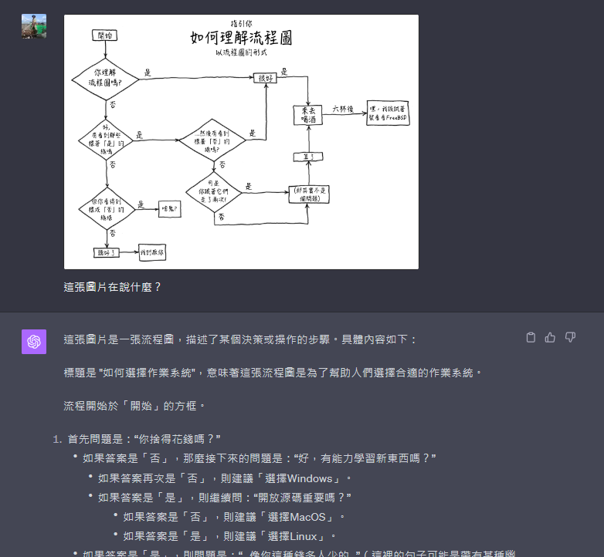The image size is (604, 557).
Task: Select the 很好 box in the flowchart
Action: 266,78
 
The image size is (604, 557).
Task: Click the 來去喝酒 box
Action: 307,115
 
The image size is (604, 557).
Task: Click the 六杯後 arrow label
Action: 343,109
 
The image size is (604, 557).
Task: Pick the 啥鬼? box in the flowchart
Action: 169,208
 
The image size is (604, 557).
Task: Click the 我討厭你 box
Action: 151,252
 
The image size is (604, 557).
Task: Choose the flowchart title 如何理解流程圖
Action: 240,38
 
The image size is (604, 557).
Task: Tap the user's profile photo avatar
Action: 34,26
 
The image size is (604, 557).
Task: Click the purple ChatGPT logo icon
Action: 34,341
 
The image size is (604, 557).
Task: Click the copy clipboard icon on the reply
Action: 531,337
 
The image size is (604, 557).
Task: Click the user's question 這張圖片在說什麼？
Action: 113,287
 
